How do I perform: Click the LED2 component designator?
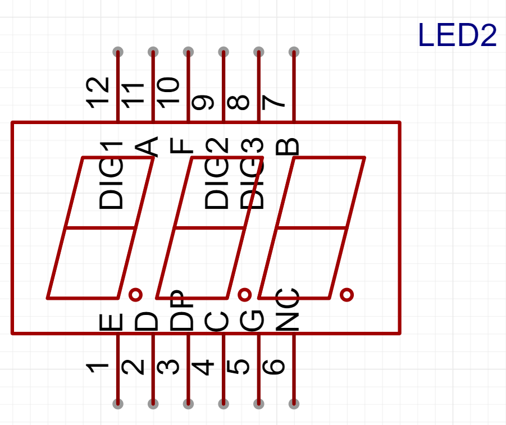[x=457, y=36]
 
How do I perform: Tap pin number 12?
[x=98, y=93]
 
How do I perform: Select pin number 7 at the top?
[x=274, y=102]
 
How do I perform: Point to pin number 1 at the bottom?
[x=98, y=368]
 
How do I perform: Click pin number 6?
[x=274, y=367]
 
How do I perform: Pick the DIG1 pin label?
[x=111, y=176]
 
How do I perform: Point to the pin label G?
[x=252, y=321]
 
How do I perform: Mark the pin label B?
[x=287, y=147]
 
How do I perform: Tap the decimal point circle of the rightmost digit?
[x=347, y=294]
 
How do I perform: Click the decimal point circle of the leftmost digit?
[x=135, y=294]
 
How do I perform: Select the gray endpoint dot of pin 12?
[x=118, y=52]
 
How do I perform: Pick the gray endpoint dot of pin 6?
[x=294, y=404]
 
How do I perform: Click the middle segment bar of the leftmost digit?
[x=101, y=228]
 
